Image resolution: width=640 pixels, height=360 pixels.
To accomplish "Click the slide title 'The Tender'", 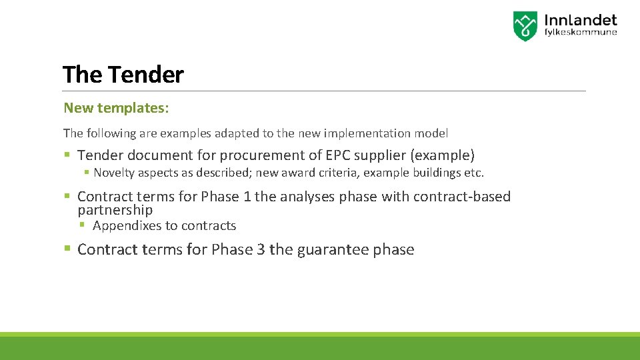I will [123, 75].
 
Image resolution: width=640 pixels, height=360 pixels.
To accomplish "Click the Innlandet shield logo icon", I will [525, 26].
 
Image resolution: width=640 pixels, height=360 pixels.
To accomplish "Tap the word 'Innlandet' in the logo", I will [580, 21].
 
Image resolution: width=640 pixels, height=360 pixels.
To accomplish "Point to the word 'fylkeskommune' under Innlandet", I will [580, 33].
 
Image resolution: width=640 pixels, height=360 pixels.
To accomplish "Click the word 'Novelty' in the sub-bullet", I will [114, 173].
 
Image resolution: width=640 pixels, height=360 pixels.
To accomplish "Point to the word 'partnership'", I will [115, 209].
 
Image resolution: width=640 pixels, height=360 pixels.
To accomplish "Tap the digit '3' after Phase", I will [261, 250].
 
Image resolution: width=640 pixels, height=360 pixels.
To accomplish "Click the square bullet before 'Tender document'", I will [67, 155].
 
